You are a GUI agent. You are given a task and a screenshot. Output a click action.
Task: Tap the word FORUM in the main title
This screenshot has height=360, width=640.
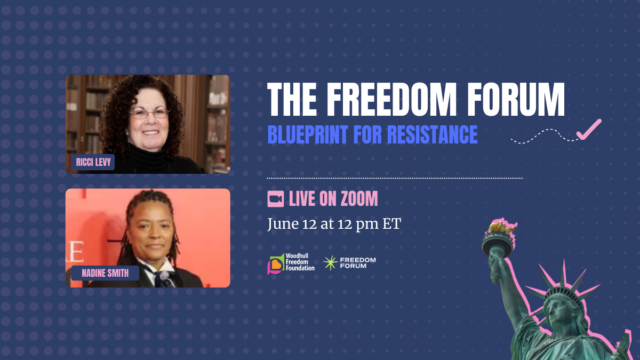point(516,99)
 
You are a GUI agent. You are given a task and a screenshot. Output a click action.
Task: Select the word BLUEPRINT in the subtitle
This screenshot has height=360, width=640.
point(308,134)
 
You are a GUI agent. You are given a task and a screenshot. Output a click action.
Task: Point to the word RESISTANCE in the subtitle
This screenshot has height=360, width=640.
point(433,134)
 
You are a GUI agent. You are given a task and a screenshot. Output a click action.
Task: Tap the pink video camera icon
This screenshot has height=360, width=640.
point(275,199)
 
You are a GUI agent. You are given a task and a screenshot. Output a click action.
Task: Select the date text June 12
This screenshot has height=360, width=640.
point(292,224)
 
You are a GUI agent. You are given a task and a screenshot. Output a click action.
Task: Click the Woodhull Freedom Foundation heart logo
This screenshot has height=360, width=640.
point(276,264)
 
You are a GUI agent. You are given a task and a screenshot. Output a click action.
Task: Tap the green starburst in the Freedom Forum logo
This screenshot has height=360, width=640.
point(330,263)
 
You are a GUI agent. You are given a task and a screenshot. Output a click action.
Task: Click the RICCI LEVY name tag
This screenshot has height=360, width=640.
point(93,162)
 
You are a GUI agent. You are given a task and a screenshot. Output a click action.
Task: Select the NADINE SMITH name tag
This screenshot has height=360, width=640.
point(105,273)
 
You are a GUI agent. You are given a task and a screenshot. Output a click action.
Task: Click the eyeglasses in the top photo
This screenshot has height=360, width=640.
point(149,114)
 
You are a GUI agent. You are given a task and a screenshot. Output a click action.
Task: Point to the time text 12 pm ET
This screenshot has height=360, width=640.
point(370,224)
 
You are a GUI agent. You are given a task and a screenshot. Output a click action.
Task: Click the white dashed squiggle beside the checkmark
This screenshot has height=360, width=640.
point(545,136)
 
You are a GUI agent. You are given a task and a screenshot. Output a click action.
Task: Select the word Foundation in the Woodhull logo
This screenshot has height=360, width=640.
point(300,268)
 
